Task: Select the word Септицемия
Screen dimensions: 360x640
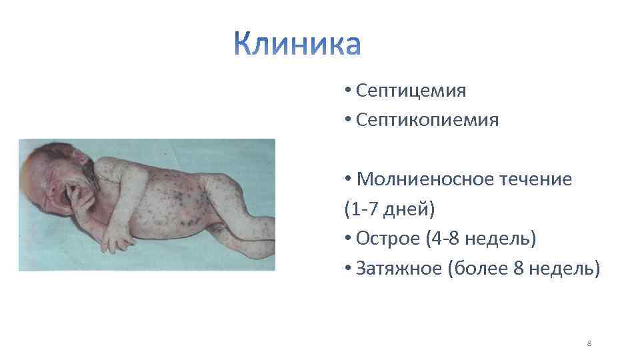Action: pos(411,90)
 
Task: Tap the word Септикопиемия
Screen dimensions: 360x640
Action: pos(427,120)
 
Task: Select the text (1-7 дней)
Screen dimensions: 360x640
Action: pos(389,209)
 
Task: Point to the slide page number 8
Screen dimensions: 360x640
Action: pos(589,343)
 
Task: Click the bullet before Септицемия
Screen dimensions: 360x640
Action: pos(348,91)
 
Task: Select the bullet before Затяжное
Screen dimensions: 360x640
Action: pos(348,269)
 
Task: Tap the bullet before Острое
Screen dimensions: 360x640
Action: pos(348,239)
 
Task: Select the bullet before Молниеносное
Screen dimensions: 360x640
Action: pos(348,180)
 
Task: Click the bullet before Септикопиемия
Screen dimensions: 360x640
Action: pos(348,121)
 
